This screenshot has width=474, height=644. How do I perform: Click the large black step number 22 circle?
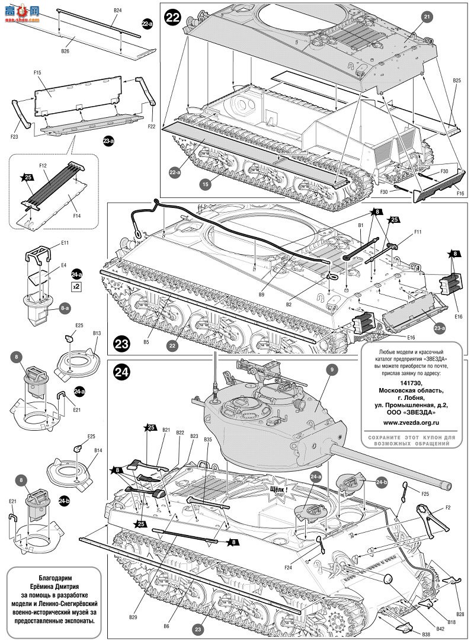(172, 18)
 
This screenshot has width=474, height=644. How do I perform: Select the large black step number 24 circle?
(121, 371)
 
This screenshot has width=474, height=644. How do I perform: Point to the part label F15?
(37, 72)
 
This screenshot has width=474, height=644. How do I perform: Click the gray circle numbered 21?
(427, 18)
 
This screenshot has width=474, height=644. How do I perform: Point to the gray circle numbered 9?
(332, 370)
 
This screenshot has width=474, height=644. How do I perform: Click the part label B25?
(457, 80)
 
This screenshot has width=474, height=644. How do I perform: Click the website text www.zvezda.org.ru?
(411, 422)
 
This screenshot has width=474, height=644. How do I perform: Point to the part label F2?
(448, 508)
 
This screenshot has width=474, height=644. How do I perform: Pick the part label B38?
(427, 633)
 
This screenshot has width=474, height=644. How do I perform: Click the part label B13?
(97, 334)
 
